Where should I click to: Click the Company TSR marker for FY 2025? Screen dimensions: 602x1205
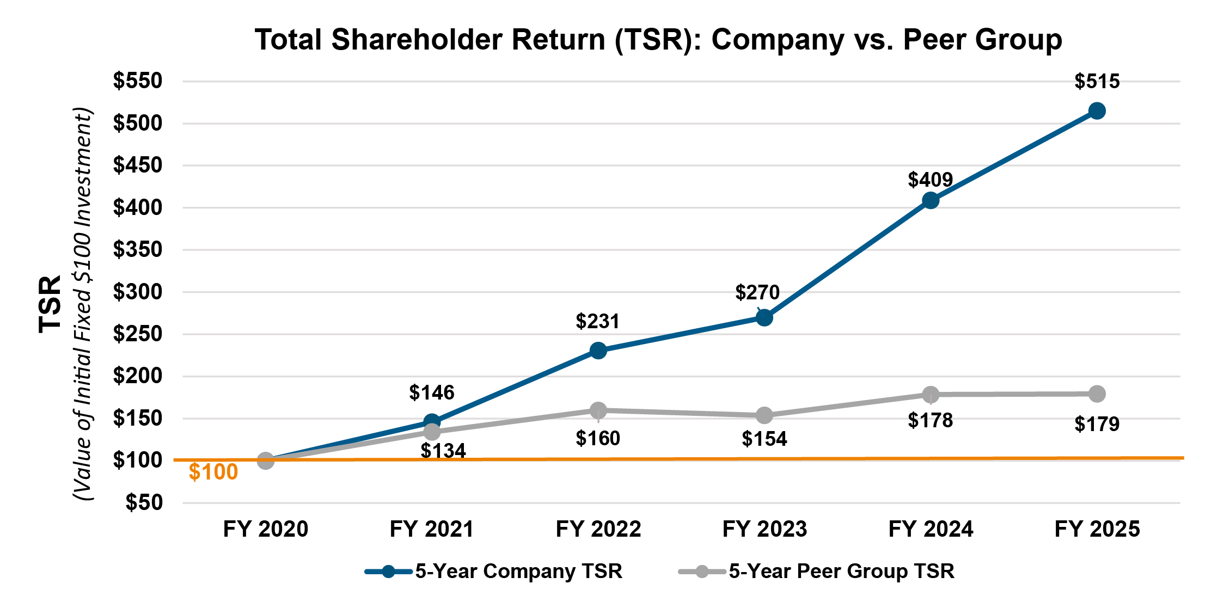[1097, 111]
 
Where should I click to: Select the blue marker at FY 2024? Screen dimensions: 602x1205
[931, 200]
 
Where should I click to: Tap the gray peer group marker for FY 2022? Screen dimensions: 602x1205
[598, 410]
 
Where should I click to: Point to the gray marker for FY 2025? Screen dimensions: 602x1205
[1097, 394]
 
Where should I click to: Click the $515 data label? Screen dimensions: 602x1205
[1097, 82]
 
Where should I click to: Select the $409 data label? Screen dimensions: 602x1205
[930, 180]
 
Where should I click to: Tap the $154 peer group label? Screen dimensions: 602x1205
[764, 439]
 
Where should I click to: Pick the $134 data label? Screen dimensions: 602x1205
[443, 451]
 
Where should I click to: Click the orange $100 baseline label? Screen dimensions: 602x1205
[213, 472]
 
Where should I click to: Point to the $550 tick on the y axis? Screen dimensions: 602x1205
[138, 81]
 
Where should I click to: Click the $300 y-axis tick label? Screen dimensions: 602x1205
[138, 292]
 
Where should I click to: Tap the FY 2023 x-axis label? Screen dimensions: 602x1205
[764, 529]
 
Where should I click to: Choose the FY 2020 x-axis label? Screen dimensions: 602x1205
[266, 529]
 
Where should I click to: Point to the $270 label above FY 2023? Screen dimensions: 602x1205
[757, 293]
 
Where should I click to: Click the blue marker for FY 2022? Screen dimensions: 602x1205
[598, 351]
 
